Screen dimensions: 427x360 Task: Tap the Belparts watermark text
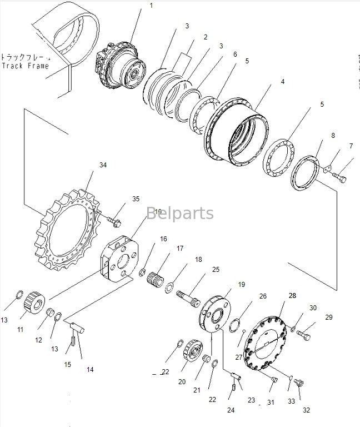180,213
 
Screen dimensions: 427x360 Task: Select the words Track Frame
25,66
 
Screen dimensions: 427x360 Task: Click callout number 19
242,284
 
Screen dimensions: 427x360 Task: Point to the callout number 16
164,239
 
